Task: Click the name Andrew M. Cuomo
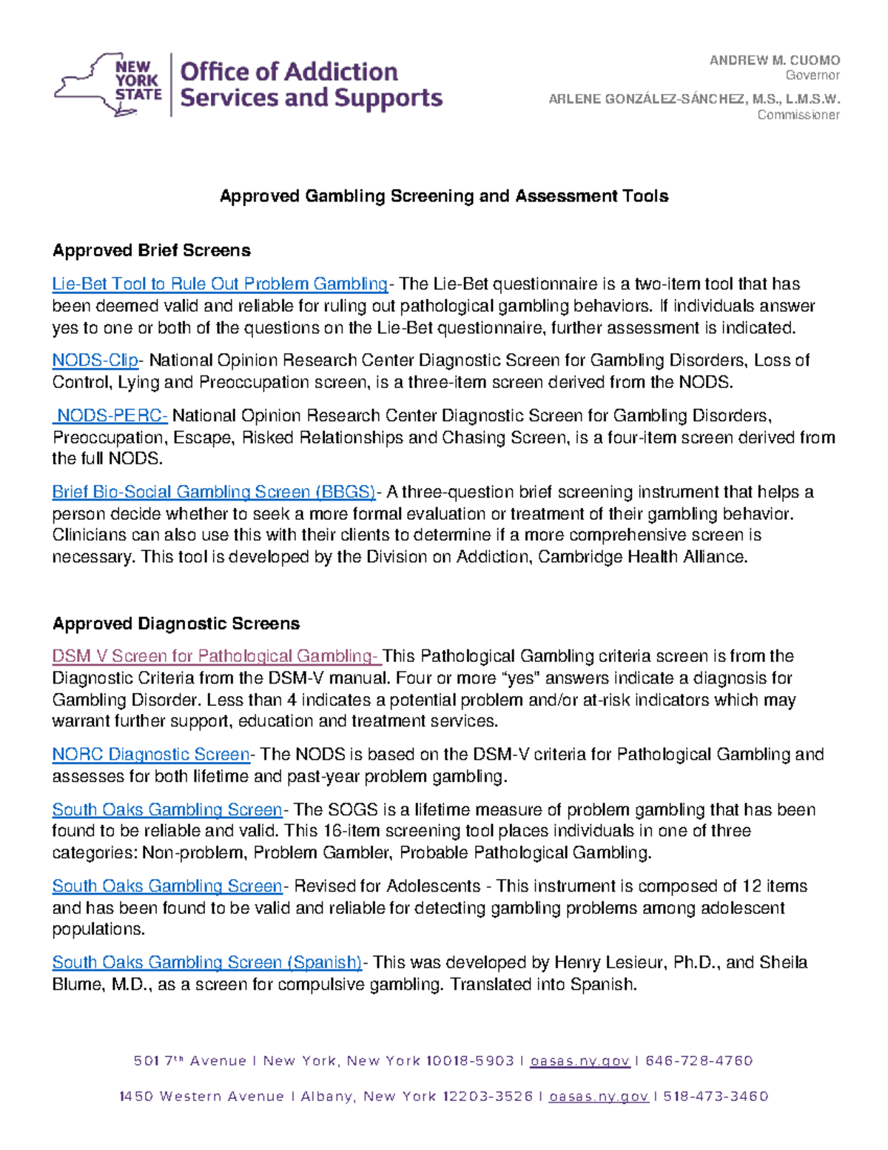[774, 61]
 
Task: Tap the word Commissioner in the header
[798, 115]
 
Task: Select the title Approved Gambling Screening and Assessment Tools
[444, 196]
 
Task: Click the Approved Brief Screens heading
[151, 251]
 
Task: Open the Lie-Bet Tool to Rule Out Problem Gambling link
[220, 284]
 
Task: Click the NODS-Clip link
[95, 361]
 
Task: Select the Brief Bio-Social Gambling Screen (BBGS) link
[213, 492]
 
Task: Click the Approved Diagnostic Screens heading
[175, 624]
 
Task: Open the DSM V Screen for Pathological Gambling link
[215, 656]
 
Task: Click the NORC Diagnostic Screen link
[151, 755]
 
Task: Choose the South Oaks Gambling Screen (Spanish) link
[206, 963]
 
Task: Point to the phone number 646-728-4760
[699, 1061]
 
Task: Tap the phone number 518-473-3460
[716, 1097]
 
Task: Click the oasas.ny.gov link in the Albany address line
[599, 1097]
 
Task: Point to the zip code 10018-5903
[469, 1061]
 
